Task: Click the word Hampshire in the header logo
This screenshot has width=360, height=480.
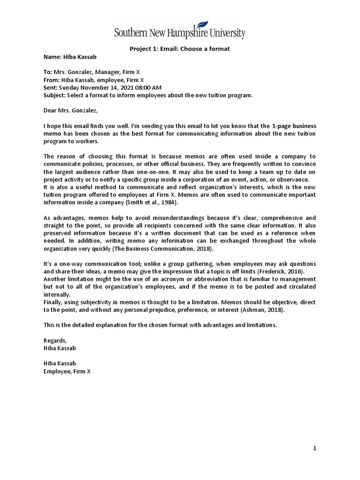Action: [187, 34]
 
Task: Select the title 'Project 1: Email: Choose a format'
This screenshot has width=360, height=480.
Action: [180, 49]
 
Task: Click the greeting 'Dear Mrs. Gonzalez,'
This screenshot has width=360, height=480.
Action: [71, 111]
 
